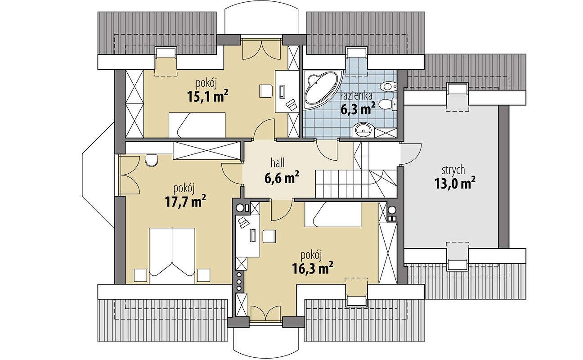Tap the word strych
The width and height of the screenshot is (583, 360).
click(453, 170)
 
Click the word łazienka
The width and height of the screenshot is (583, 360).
click(356, 96)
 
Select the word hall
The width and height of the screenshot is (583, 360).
click(278, 163)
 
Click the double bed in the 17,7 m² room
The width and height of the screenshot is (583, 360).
click(172, 256)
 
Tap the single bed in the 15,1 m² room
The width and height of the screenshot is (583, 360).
click(197, 125)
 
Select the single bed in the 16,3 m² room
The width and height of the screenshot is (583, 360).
click(333, 214)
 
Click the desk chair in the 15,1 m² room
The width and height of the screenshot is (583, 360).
click(266, 91)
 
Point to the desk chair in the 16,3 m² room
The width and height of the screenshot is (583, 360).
click(269, 236)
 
